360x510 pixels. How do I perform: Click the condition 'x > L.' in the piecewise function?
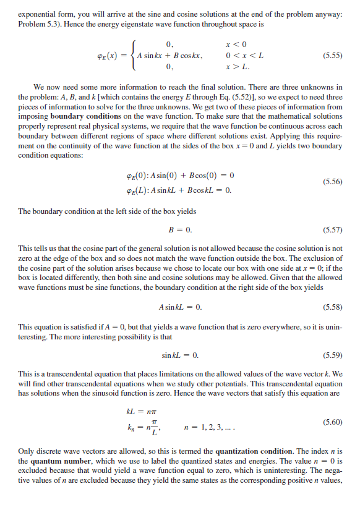pos(239,66)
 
